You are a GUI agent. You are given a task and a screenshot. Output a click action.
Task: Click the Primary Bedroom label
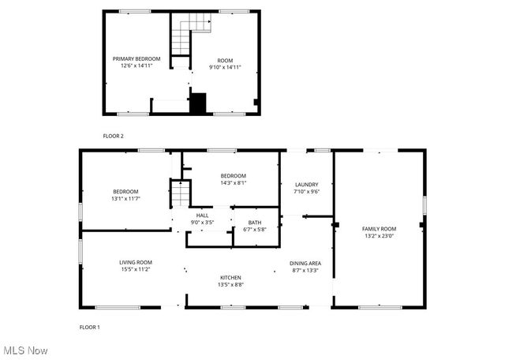coord(136,58)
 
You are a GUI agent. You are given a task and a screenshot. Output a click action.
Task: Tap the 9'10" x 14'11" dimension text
coord(225,67)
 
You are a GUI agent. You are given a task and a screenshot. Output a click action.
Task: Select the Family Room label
coord(379,228)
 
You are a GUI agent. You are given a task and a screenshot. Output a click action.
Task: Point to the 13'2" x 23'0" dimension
coord(379,236)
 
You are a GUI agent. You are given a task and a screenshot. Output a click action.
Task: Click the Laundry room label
coord(306,184)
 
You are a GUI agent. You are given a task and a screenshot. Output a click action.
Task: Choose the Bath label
coord(254,222)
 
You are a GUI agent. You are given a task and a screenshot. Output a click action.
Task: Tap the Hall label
coord(202,215)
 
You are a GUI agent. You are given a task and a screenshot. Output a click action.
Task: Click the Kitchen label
coord(230,277)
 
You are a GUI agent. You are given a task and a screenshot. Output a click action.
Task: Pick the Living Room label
coord(136,262)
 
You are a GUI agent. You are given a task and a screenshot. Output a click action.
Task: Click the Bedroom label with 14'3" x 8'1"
coord(233,175)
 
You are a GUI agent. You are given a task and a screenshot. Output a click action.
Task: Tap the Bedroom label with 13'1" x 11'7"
coord(125,192)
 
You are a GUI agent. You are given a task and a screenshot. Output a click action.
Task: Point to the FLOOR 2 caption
coord(113,136)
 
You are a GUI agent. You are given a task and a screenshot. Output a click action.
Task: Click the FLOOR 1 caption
coord(89,327)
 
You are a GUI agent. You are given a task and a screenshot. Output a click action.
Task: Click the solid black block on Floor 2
coord(197,103)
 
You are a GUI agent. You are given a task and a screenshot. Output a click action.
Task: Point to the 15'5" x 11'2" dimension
coord(136,270)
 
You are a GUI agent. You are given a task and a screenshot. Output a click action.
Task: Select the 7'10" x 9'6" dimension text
coord(306,192)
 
